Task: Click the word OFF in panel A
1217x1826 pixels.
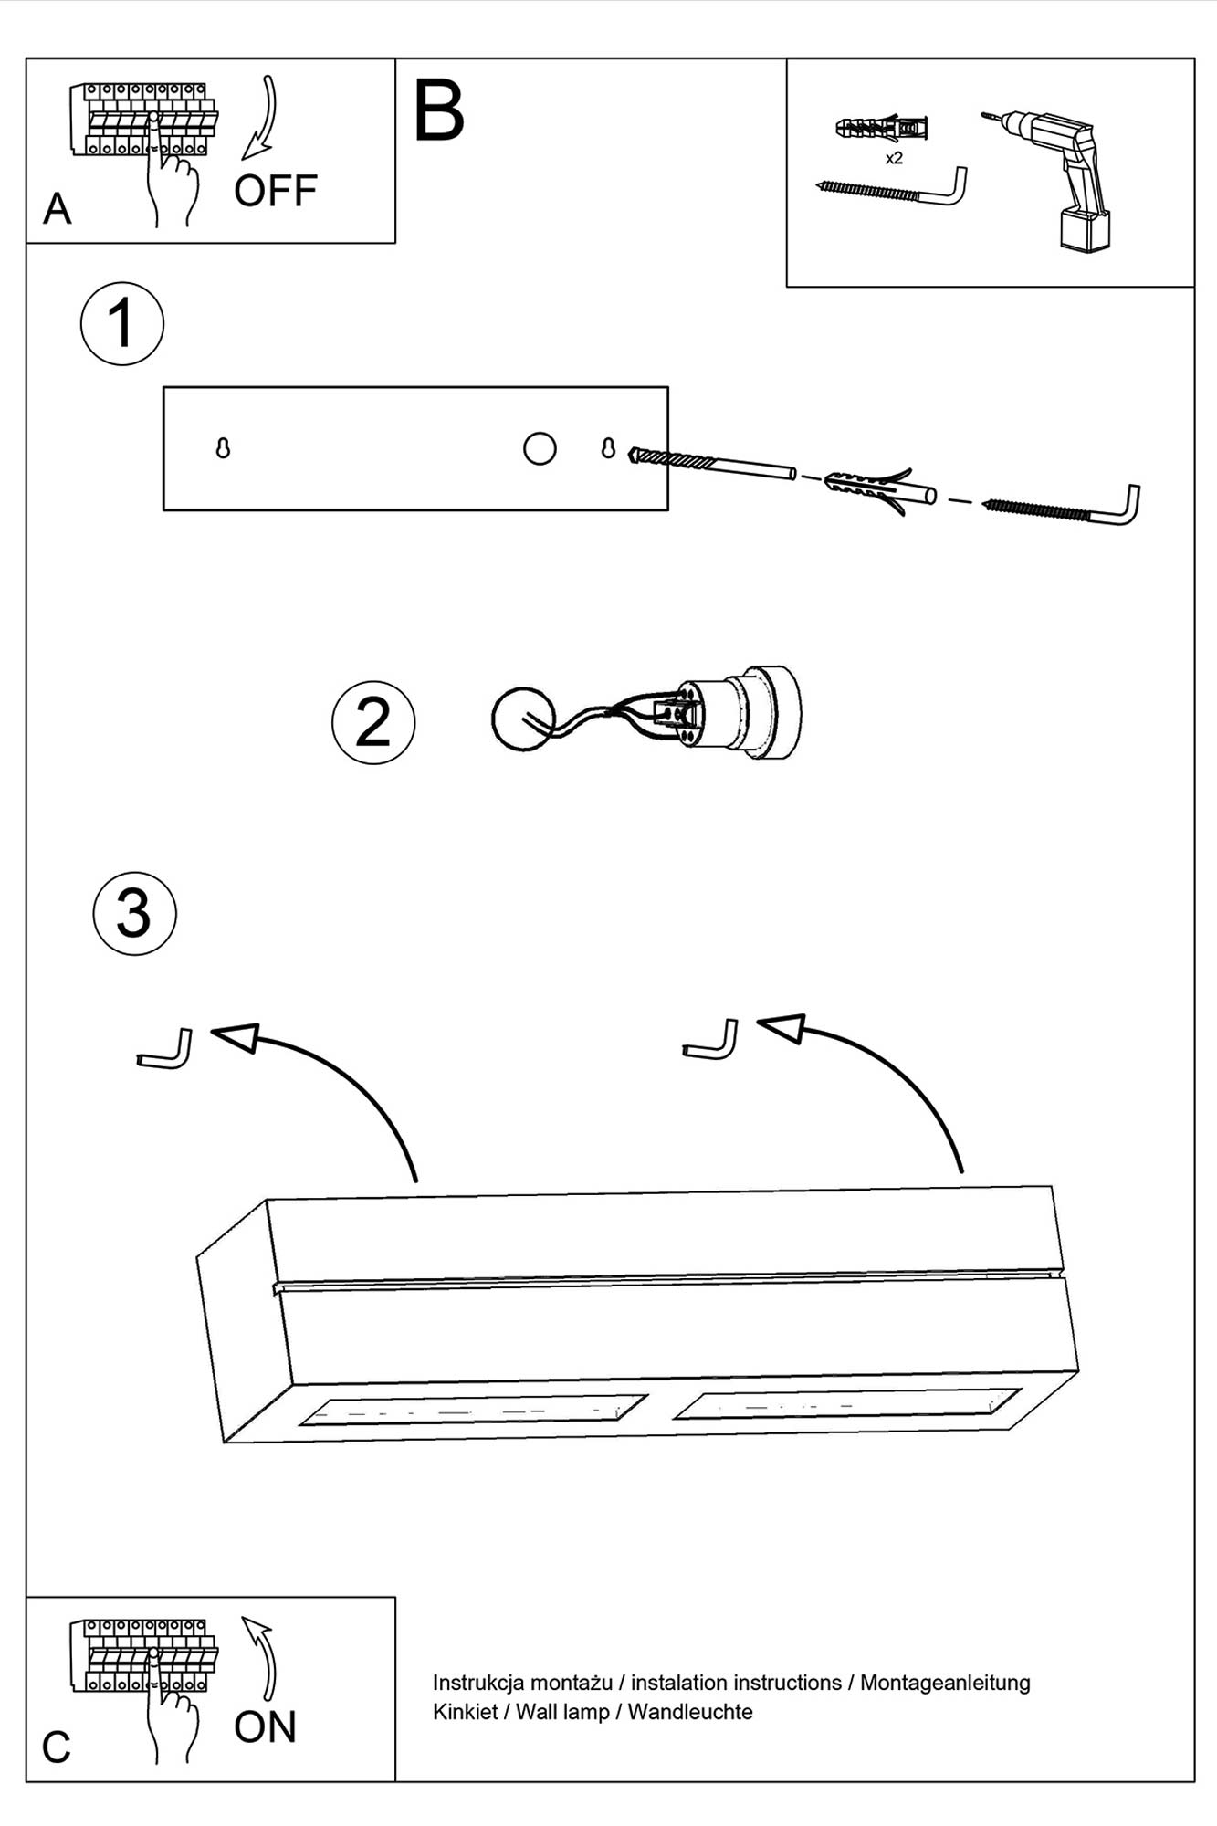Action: pyautogui.click(x=275, y=191)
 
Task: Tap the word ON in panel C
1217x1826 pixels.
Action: pyautogui.click(x=265, y=1727)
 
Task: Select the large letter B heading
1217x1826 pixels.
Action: pyautogui.click(x=439, y=110)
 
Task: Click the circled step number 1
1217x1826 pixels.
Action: pyautogui.click(x=122, y=324)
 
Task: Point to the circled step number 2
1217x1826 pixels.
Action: pyautogui.click(x=373, y=722)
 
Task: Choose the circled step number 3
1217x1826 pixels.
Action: pyautogui.click(x=135, y=914)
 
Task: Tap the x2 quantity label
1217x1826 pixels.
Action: pyautogui.click(x=894, y=158)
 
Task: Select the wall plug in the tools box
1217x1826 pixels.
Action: pyautogui.click(x=881, y=129)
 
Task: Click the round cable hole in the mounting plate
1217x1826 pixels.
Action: pyautogui.click(x=540, y=448)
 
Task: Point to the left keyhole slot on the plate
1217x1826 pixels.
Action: pyautogui.click(x=223, y=448)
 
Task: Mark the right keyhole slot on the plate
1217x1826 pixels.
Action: pyautogui.click(x=608, y=448)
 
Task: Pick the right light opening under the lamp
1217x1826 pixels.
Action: pyautogui.click(x=846, y=1404)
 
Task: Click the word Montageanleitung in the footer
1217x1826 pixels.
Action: pyautogui.click(x=945, y=1683)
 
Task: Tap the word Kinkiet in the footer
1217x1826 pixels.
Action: pyautogui.click(x=465, y=1712)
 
